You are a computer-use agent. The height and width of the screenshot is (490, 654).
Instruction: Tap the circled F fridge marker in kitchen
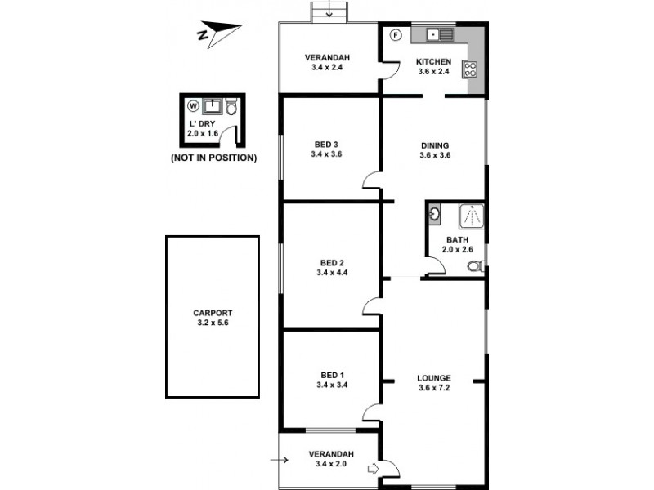pyautogui.click(x=394, y=35)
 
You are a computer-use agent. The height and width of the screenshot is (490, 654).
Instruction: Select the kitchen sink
pyautogui.click(x=436, y=35)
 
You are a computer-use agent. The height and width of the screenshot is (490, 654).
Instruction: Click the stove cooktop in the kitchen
pyautogui.click(x=471, y=69)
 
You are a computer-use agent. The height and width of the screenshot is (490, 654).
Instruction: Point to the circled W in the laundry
pyautogui.click(x=193, y=105)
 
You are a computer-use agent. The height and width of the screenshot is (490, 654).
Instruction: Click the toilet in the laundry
pyautogui.click(x=231, y=107)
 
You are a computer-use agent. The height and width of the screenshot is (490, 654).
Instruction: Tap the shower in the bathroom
pyautogui.click(x=472, y=216)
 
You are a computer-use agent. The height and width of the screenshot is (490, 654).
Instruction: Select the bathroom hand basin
pyautogui.click(x=434, y=215)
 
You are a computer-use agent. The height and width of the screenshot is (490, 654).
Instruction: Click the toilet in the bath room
pyautogui.click(x=478, y=265)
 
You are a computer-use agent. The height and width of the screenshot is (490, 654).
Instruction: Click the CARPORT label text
pyautogui.click(x=213, y=312)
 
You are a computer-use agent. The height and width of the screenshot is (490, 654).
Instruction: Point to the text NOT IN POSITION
pyautogui.click(x=213, y=158)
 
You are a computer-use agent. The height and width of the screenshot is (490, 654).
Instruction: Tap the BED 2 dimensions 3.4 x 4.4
pyautogui.click(x=331, y=274)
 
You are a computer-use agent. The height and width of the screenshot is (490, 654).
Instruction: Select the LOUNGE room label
pyautogui.click(x=434, y=378)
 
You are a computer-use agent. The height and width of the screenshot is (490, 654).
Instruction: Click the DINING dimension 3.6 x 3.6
pyautogui.click(x=435, y=155)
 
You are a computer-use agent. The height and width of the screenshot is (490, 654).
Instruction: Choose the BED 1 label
pyautogui.click(x=331, y=376)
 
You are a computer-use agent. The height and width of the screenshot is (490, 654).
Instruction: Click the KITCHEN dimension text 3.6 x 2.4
pyautogui.click(x=434, y=72)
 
